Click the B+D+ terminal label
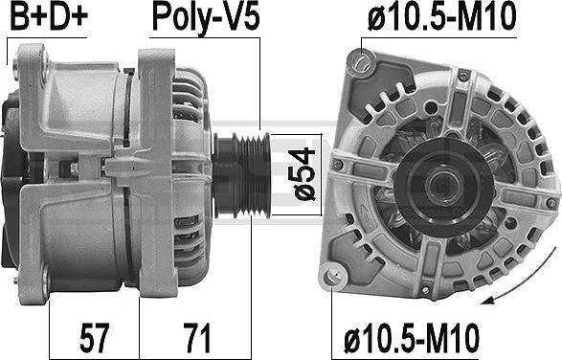pos(49,16)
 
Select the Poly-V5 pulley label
pos(206,18)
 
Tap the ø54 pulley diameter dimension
pos(304,174)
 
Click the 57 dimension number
pos(94,337)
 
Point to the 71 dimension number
pos(196,337)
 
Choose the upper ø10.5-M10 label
pos(441,17)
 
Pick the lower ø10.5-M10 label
pos(412,337)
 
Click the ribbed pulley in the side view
pos(242,175)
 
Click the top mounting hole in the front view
pos(361,63)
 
